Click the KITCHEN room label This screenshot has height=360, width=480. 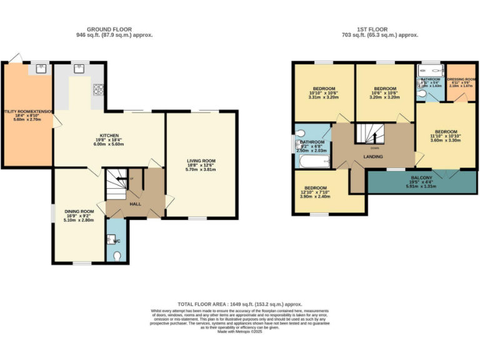point(109,135)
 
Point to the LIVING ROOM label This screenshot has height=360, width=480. point(201,161)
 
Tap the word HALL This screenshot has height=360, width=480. point(135,204)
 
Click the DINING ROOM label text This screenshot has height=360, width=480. point(79,211)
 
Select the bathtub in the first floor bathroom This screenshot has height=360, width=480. point(314,162)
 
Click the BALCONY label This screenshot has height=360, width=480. point(419,177)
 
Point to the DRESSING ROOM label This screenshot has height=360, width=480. point(462,79)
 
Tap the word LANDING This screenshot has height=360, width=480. point(373,156)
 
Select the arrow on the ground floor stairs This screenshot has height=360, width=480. point(129,180)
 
